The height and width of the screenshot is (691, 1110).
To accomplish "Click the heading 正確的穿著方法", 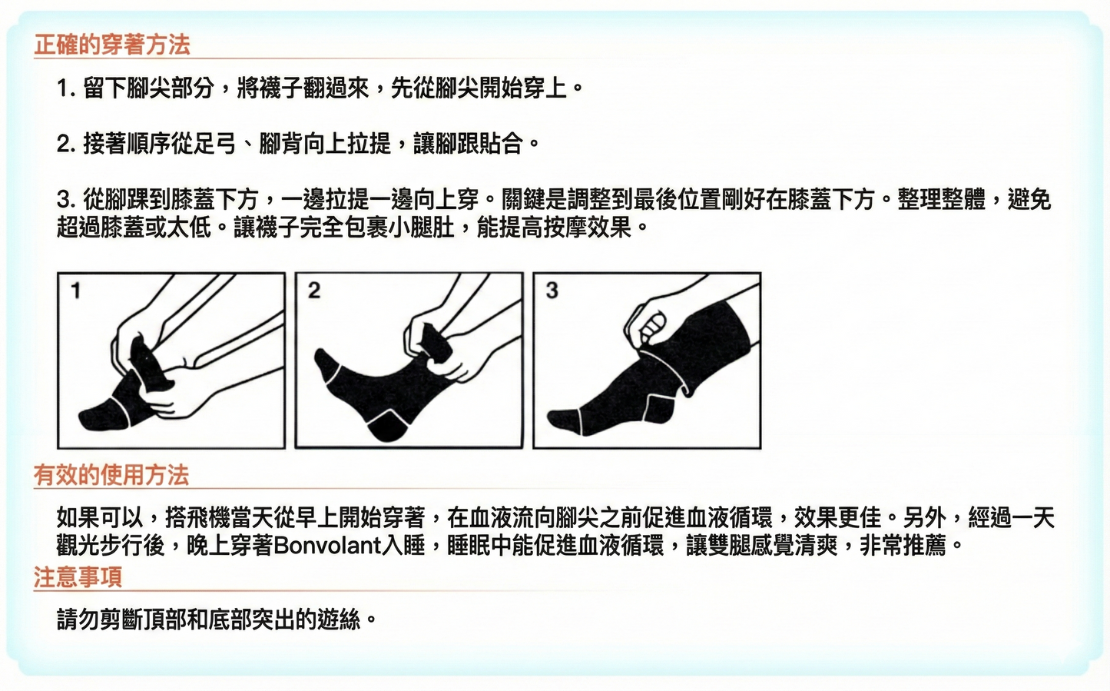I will (112, 45).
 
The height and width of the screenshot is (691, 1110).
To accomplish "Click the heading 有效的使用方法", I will (111, 475).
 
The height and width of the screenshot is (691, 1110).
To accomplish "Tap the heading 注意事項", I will (78, 576).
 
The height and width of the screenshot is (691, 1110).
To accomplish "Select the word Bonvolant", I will (327, 545).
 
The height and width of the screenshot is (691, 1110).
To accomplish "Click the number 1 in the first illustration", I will (75, 291).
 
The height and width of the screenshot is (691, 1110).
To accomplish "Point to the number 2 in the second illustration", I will (313, 291).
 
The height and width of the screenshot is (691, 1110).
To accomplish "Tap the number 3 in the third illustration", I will (552, 291).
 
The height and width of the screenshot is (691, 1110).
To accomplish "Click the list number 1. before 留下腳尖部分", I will (66, 88).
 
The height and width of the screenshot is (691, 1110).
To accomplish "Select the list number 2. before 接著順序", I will (66, 144).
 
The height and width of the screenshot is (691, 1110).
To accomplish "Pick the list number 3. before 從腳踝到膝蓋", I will (66, 200).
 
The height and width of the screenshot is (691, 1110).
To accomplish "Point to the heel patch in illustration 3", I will (659, 408).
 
